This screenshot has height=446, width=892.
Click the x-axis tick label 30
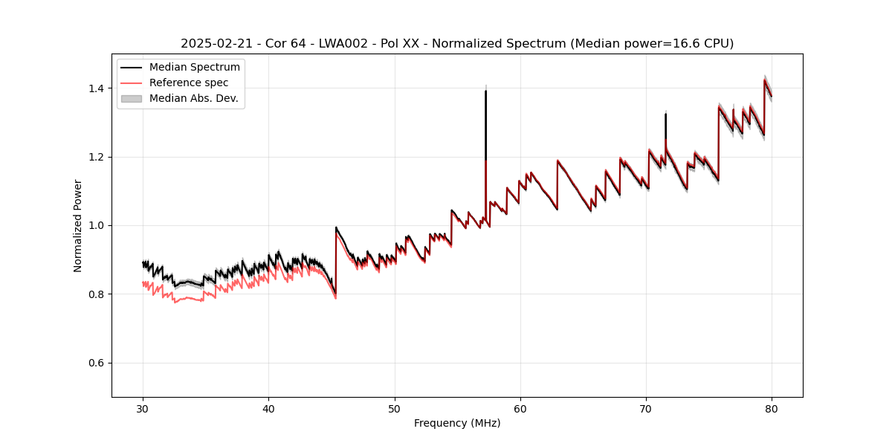(x=143, y=408)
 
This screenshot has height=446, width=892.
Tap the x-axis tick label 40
(x=269, y=408)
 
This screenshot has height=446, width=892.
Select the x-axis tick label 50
(x=395, y=408)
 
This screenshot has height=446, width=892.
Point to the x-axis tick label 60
(x=520, y=408)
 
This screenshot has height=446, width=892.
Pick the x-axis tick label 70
(x=646, y=408)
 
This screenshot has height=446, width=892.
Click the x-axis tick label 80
(x=772, y=408)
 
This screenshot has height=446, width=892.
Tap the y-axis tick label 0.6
(x=96, y=363)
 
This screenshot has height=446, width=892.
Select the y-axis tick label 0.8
(x=96, y=294)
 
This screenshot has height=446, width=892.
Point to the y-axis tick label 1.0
(x=96, y=225)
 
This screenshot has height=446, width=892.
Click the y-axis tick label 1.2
(x=96, y=157)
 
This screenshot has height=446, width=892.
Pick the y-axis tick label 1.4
(x=96, y=88)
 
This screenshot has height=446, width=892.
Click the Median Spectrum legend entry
(x=194, y=68)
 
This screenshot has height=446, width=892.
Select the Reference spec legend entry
(x=189, y=83)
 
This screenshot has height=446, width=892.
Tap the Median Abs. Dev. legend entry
(x=193, y=98)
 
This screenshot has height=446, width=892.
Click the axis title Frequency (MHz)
(x=457, y=423)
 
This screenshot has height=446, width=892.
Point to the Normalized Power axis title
(x=78, y=225)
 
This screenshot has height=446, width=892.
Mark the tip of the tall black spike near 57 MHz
(x=485, y=91)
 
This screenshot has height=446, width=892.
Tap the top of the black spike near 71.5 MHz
(x=665, y=114)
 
